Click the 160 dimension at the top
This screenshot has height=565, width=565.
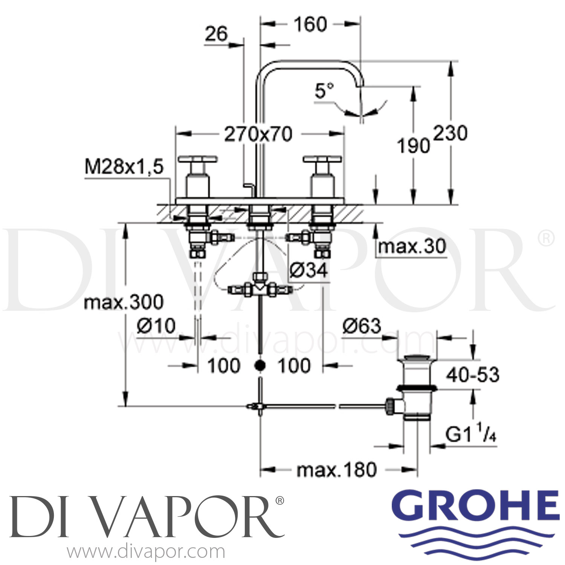click(310, 25)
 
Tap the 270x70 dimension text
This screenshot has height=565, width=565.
click(258, 134)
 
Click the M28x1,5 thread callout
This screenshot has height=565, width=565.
click(124, 167)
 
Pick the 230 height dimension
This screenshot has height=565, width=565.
click(450, 133)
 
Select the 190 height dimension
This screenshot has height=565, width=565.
click(414, 145)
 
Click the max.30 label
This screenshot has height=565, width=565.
click(412, 247)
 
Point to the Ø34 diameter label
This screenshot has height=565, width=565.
click(308, 270)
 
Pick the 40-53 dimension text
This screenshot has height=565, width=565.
click(473, 375)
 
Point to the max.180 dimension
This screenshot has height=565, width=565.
click(336, 470)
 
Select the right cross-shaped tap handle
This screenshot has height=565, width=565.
click(322, 160)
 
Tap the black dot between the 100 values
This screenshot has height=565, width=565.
click(260, 365)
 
